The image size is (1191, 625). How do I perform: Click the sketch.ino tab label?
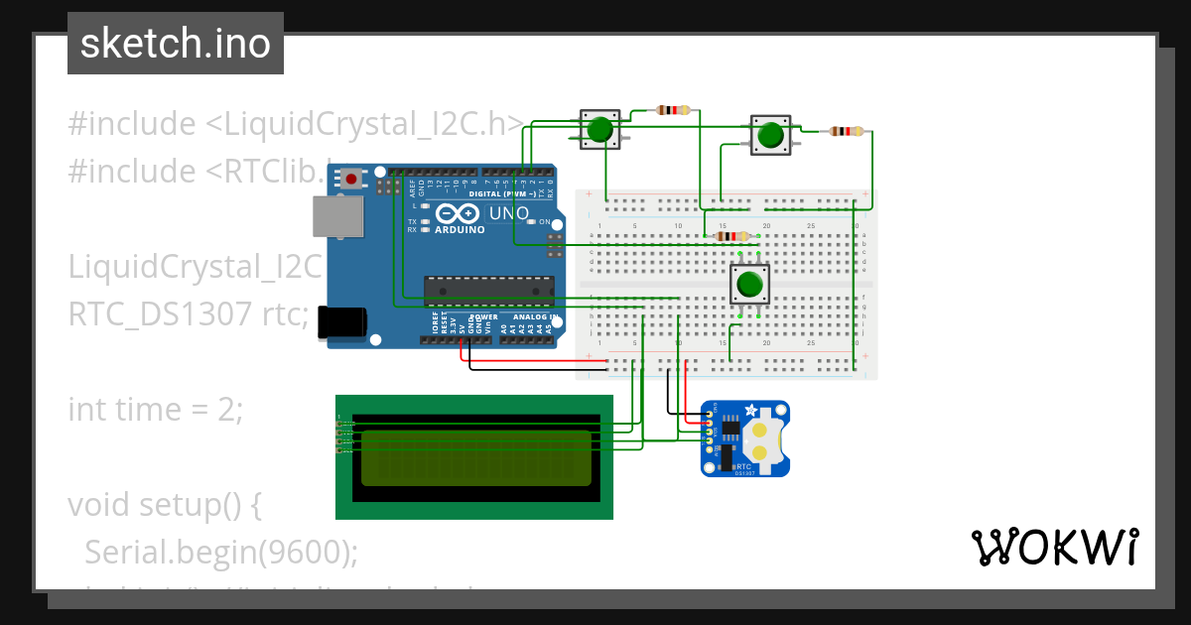pyautogui.click(x=175, y=44)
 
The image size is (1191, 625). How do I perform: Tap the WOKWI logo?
pyautogui.click(x=1054, y=547)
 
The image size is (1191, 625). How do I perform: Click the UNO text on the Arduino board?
pyautogui.click(x=509, y=213)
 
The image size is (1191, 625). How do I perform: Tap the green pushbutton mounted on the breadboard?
pyautogui.click(x=749, y=285)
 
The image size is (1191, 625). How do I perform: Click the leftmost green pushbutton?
pyautogui.click(x=598, y=130)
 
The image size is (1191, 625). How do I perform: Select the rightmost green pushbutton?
pyautogui.click(x=770, y=135)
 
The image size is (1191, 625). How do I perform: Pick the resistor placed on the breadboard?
pyautogui.click(x=731, y=236)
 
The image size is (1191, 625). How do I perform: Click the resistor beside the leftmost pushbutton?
pyautogui.click(x=674, y=110)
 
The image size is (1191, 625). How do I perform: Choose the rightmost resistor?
pyautogui.click(x=846, y=131)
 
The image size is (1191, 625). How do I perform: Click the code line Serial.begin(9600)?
pyautogui.click(x=220, y=552)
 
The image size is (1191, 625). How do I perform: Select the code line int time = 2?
pyautogui.click(x=155, y=409)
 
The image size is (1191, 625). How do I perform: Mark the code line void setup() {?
pyautogui.click(x=164, y=504)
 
